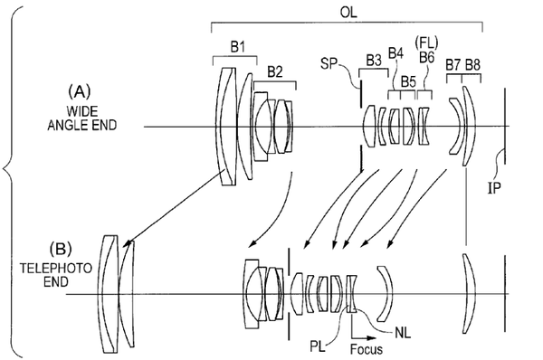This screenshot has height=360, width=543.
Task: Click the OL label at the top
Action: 348,12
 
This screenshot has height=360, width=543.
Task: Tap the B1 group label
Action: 237,47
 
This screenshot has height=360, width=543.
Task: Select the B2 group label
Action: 275,72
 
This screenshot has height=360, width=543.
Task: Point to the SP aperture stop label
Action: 329,63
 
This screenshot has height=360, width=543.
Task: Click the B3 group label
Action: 374,61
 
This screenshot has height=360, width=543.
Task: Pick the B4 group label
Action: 395,53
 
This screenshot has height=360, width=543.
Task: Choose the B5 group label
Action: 408,82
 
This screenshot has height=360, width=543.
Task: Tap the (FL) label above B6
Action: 426,43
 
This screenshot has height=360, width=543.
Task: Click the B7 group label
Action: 453,65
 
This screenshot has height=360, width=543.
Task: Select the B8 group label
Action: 472,65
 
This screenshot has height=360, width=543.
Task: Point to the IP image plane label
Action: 494,188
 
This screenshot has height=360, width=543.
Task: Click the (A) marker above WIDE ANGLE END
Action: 80,92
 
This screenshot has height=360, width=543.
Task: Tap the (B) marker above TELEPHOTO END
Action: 61,249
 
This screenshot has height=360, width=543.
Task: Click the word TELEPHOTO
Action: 56,269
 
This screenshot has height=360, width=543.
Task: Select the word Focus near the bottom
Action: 367,348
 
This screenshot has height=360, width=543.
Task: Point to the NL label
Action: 403,333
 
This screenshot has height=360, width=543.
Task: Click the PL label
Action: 318,346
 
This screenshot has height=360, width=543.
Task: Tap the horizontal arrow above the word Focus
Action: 364,337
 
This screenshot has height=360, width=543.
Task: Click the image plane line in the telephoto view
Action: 505,293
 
